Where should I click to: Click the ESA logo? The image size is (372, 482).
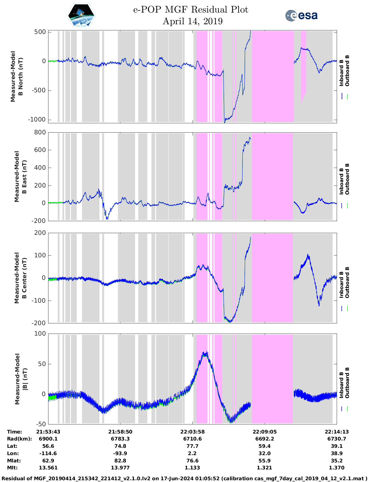(x=301, y=15)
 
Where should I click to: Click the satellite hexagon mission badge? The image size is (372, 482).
(x=81, y=16)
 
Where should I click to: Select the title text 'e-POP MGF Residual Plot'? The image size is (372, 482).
(x=191, y=10)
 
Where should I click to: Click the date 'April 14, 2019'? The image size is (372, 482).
(x=192, y=21)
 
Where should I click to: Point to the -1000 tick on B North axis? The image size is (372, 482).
(x=37, y=119)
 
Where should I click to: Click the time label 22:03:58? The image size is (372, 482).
(x=192, y=432)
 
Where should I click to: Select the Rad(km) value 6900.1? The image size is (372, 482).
(x=48, y=439)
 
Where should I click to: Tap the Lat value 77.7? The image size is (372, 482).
(x=192, y=446)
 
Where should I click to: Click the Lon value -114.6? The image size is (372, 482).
(x=48, y=453)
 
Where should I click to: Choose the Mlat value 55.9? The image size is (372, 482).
(x=264, y=461)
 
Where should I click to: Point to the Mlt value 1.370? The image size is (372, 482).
(x=336, y=468)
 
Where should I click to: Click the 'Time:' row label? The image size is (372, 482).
(x=14, y=432)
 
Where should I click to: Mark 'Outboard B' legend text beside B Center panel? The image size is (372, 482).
(x=347, y=282)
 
